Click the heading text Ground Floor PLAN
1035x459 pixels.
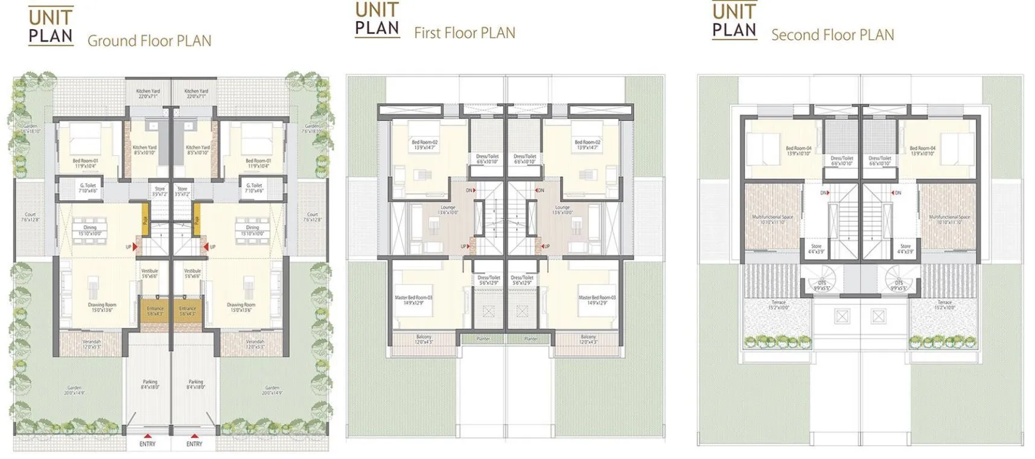[149, 41]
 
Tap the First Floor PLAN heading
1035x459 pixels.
[464, 33]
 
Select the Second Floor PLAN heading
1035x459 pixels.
[832, 35]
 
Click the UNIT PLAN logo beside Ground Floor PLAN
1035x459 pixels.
[51, 27]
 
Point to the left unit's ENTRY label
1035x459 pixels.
[147, 444]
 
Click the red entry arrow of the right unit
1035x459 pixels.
[194, 435]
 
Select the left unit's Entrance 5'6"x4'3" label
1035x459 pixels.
[155, 311]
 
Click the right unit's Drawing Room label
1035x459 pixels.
[241, 307]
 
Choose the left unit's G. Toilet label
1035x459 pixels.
[88, 188]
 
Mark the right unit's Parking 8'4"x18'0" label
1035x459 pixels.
[196, 384]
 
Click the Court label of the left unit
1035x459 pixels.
[30, 217]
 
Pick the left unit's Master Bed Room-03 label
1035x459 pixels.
[413, 300]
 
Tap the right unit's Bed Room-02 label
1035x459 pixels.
[587, 145]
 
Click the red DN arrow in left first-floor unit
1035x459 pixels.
[475, 191]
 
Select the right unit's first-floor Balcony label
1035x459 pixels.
[588, 339]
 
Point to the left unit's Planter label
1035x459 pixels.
[483, 339]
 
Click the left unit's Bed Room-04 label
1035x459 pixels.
[798, 150]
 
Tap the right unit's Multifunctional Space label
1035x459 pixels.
[949, 219]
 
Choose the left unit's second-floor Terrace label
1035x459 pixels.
[779, 305]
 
